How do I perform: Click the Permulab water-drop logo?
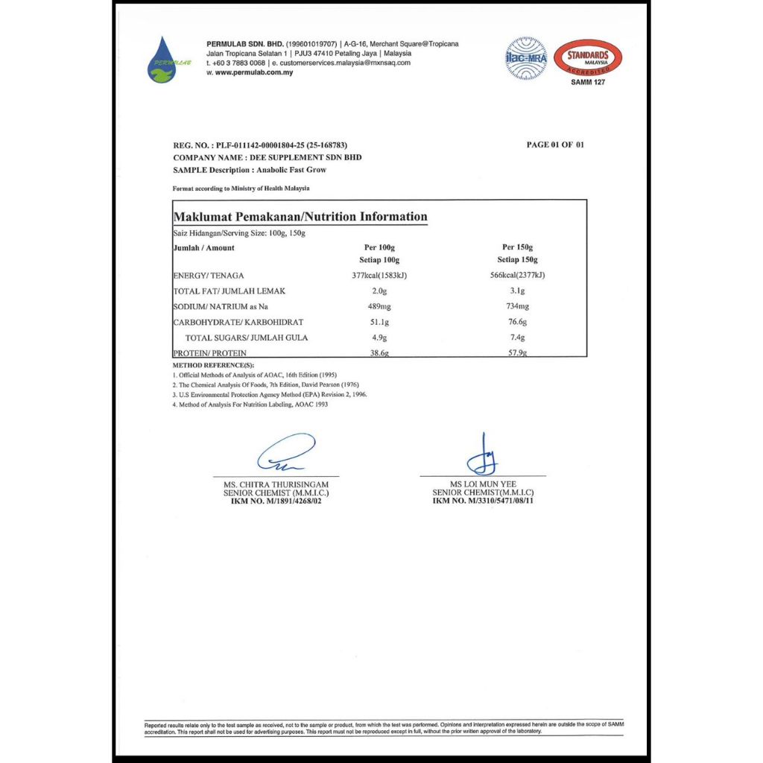click(162, 60)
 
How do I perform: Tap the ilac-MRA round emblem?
click(526, 58)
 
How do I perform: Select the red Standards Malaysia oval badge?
click(589, 56)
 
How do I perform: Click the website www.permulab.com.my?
click(253, 72)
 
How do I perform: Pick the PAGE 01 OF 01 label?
click(555, 145)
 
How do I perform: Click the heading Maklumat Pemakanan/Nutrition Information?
click(300, 217)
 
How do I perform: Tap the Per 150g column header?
click(518, 247)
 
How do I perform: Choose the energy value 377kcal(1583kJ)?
click(379, 276)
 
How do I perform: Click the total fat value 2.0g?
click(379, 291)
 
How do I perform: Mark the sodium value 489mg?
click(379, 307)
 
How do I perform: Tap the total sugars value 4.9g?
click(379, 338)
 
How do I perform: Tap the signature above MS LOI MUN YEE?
click(483, 455)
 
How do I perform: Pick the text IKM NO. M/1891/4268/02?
click(276, 501)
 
